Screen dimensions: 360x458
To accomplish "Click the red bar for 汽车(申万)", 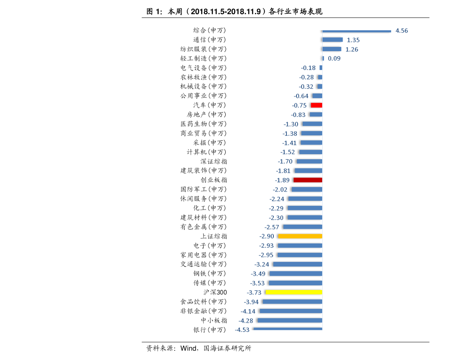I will click(x=316, y=105).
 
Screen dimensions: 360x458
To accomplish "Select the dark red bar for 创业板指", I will click(x=308, y=180).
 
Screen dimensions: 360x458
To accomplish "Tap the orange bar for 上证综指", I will click(x=300, y=236).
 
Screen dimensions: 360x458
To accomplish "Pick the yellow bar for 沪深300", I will click(x=294, y=292).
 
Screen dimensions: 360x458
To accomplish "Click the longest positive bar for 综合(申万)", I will click(x=356, y=31).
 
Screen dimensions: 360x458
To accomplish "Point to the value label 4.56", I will click(x=401, y=31).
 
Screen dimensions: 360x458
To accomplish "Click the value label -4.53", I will click(x=242, y=330).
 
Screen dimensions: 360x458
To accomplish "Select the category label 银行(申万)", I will click(x=210, y=330).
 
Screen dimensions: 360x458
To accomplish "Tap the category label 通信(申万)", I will click(x=210, y=40).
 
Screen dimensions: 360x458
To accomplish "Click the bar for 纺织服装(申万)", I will click(x=331, y=49).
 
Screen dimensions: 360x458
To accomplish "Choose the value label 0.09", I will click(x=334, y=58).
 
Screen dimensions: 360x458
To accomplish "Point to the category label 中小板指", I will click(x=214, y=320).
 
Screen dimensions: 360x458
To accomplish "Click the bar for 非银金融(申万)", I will click(x=291, y=311).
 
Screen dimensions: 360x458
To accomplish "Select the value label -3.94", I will click(x=251, y=302).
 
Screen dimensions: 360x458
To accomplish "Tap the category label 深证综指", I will click(x=214, y=162).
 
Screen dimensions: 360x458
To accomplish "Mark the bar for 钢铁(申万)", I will click(x=296, y=273).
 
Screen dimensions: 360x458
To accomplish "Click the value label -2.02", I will click(x=280, y=190).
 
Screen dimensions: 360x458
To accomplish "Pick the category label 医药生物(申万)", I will click(x=204, y=124).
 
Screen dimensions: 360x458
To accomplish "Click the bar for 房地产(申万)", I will click(x=316, y=115).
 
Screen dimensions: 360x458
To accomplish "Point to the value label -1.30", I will click(x=291, y=124).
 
